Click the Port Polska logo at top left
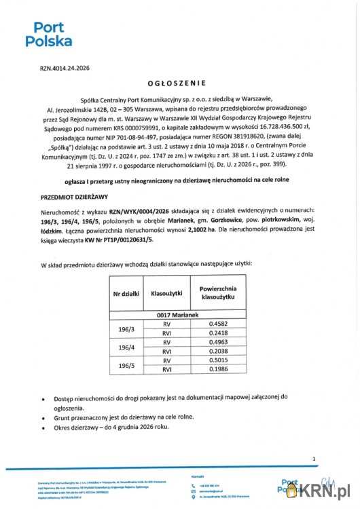48,34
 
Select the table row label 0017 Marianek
179,316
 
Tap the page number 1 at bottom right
314,459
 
